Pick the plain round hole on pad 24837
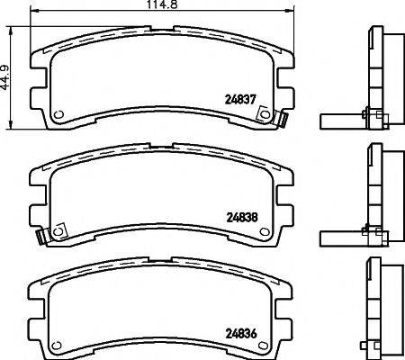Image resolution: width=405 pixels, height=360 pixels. point(59,115)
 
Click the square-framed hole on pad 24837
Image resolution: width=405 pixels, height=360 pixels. point(265,114)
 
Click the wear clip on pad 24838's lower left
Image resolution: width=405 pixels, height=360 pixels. point(40,237)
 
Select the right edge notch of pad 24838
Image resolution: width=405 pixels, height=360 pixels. point(288,209)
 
